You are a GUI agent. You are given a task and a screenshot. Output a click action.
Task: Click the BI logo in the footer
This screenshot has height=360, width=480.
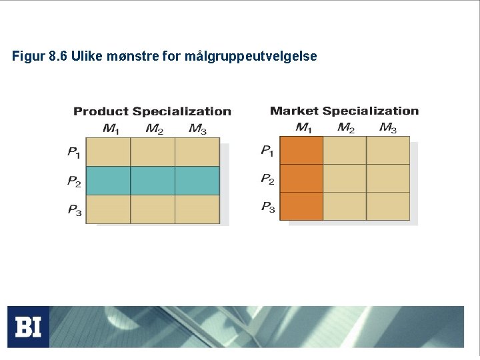pos(28,327)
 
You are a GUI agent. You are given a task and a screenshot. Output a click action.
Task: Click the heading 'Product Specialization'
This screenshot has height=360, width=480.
pos(152,111)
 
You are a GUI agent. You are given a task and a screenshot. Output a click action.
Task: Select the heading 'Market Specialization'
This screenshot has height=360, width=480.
pos(344,111)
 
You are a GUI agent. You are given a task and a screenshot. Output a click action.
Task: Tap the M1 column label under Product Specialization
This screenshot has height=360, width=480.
pos(110,129)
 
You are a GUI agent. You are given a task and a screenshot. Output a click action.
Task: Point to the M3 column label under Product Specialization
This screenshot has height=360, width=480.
pos(197,129)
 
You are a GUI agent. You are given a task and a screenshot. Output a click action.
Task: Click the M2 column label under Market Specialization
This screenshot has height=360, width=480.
pos(345,127)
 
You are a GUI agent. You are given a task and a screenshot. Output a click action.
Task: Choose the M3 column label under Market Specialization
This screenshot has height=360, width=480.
pos(388,127)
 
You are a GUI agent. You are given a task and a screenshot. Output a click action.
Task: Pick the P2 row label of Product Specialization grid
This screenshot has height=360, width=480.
pos(74,181)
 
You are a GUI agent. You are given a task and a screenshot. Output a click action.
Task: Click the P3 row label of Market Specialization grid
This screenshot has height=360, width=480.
pos(268,207)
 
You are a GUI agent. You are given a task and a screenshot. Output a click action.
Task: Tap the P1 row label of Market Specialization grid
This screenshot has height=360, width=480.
pos(267,151)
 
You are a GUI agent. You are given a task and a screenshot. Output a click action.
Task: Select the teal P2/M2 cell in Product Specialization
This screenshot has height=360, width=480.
pos(153,181)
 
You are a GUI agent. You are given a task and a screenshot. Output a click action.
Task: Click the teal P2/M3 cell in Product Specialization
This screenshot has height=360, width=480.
pos(197,181)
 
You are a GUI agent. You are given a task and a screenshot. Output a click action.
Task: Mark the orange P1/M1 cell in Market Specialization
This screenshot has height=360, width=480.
pos(301,150)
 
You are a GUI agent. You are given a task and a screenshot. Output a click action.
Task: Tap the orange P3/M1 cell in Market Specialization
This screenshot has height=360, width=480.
pos(301,206)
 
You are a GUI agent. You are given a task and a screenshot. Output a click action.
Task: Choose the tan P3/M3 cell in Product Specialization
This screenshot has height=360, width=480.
pos(197,209)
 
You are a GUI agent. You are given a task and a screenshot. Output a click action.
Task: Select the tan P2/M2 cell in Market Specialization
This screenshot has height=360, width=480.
pos(345,178)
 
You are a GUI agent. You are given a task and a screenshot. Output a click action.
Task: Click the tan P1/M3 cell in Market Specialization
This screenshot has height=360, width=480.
pos(388,150)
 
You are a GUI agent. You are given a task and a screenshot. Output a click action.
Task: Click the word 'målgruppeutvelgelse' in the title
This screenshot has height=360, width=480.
pos(255,57)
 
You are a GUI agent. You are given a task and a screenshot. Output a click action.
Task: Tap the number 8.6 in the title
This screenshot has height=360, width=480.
pos(58,57)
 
